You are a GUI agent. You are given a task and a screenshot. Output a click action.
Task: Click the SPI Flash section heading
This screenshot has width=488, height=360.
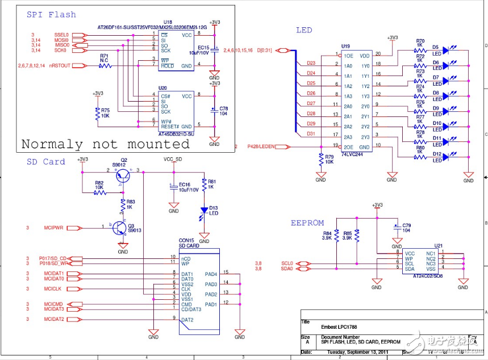[x=51, y=14]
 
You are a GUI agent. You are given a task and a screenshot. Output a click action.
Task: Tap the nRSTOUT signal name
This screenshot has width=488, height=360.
[x=60, y=66]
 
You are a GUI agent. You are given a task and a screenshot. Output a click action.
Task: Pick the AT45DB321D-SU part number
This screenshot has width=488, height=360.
[x=177, y=134]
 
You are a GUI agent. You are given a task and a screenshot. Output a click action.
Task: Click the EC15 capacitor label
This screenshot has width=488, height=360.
[x=203, y=48]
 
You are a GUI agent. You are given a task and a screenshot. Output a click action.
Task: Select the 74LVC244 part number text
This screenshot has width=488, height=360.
[x=352, y=154]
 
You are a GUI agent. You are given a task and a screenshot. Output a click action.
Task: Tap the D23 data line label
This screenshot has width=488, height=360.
[x=311, y=63]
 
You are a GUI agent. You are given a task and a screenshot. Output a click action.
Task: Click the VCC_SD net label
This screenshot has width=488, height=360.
[x=173, y=159]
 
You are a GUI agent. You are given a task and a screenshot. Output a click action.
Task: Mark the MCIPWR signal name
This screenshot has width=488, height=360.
[x=53, y=228]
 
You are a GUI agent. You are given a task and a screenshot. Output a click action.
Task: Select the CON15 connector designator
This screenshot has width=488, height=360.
[x=186, y=240]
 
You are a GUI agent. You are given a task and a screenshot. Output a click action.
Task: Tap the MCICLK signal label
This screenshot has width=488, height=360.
[x=53, y=289]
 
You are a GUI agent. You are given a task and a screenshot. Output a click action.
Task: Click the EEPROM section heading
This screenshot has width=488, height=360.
[x=307, y=223]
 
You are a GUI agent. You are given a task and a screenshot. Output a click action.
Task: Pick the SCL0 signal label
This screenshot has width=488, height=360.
[x=287, y=263]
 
